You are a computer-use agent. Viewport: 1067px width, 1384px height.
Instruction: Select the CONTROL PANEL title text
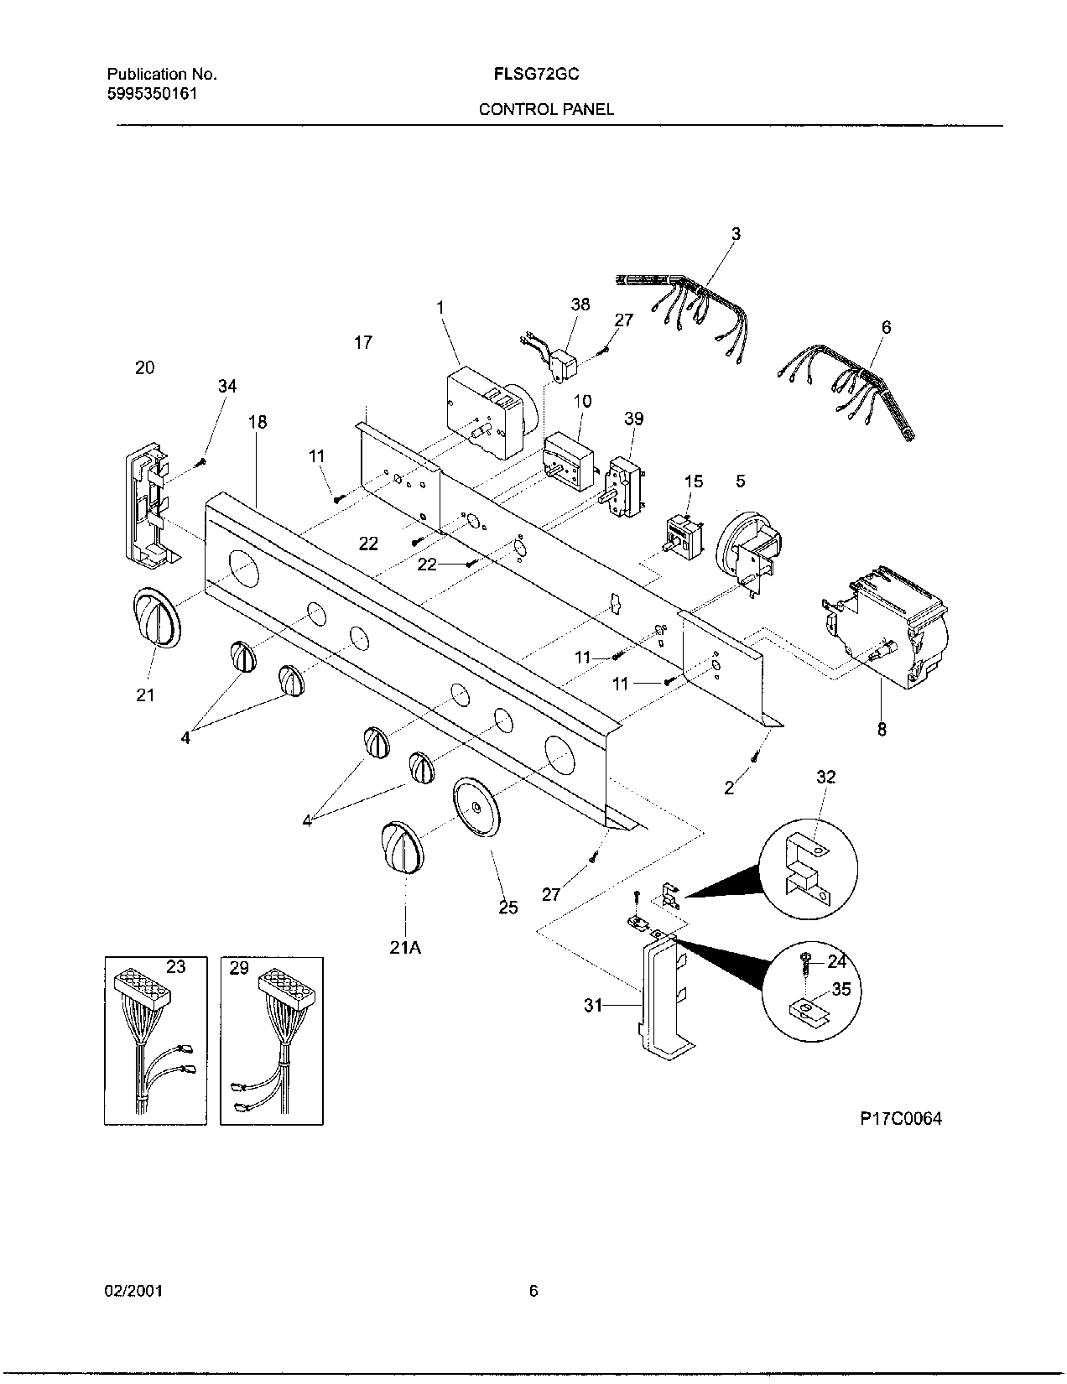coord(546,109)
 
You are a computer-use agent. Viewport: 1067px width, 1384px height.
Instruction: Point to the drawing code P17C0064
coord(900,1118)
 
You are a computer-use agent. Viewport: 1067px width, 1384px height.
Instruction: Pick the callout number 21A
coord(405,947)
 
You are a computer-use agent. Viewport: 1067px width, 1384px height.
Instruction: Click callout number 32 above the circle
coord(825,778)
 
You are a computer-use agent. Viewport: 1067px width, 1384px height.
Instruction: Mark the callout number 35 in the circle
coord(841,990)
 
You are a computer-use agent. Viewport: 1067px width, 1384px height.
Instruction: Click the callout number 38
coord(580,304)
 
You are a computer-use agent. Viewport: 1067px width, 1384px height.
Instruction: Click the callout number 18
coord(258,422)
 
